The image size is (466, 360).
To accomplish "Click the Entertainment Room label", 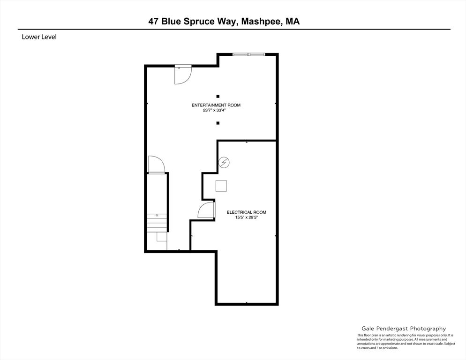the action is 216,105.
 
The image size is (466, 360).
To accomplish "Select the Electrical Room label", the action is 247,212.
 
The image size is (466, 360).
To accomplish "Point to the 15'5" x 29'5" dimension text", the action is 247,217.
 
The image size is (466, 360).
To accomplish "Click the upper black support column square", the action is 218,96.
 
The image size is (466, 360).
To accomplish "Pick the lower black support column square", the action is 218,123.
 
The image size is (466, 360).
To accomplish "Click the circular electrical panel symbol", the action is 224,162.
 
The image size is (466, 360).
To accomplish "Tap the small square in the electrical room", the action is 221,186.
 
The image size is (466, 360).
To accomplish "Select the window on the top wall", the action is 249,54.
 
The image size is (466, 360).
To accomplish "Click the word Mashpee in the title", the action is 262,22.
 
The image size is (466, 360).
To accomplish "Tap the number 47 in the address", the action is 153,22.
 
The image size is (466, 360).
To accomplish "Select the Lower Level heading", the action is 39,37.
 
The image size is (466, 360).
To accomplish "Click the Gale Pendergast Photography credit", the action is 404,329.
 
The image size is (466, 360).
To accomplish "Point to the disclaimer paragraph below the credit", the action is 406,341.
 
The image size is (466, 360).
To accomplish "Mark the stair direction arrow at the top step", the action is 157,215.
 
